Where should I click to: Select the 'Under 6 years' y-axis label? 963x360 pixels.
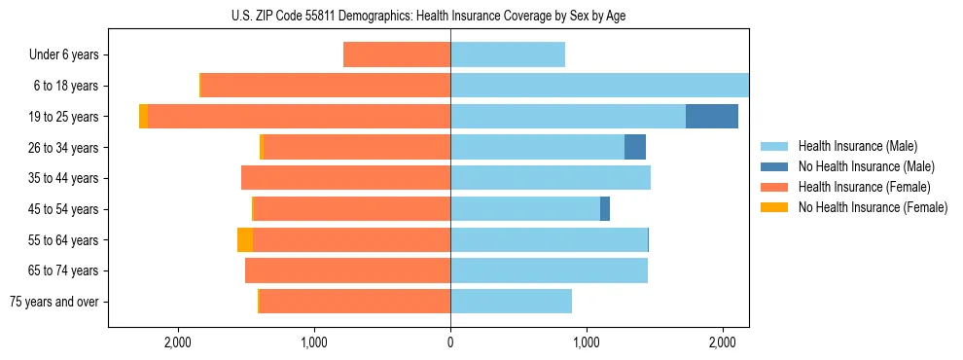point(64,55)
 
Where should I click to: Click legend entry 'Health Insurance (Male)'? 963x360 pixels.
point(857,146)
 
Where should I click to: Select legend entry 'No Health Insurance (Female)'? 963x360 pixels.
point(873,207)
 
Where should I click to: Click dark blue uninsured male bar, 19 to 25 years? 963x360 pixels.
point(712,117)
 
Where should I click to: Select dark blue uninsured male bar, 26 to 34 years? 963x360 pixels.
point(635,148)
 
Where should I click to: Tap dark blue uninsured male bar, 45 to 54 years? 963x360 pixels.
point(605,209)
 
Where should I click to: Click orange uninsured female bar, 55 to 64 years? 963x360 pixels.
point(245,240)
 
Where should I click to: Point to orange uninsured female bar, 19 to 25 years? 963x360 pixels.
point(144,117)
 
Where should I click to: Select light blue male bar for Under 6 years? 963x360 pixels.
point(508,55)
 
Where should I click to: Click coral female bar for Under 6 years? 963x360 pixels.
point(397,55)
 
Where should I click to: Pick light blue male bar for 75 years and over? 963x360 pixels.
point(511,302)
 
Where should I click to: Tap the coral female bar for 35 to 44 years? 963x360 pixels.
point(345,178)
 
